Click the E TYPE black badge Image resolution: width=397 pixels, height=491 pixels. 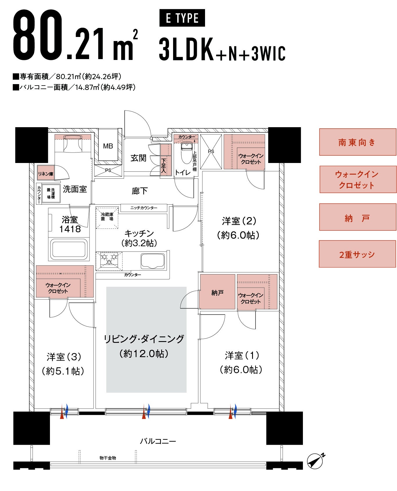[182, 18]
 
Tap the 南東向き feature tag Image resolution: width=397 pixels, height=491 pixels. [358, 142]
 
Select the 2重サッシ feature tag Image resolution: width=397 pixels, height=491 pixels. [357, 254]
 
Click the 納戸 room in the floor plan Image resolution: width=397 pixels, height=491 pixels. [217, 292]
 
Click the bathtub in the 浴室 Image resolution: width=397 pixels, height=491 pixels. [69, 249]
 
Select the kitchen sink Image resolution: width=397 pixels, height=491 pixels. [153, 261]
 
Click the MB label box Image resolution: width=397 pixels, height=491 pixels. [108, 146]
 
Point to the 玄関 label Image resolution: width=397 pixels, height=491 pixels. [138, 158]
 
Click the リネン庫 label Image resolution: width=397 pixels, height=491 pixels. [46, 174]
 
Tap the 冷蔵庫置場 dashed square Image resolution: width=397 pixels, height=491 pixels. [107, 217]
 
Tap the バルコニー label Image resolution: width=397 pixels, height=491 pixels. [158, 441]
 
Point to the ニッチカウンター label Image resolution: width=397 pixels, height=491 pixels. [144, 208]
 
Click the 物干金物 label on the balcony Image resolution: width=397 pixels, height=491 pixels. [108, 458]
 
